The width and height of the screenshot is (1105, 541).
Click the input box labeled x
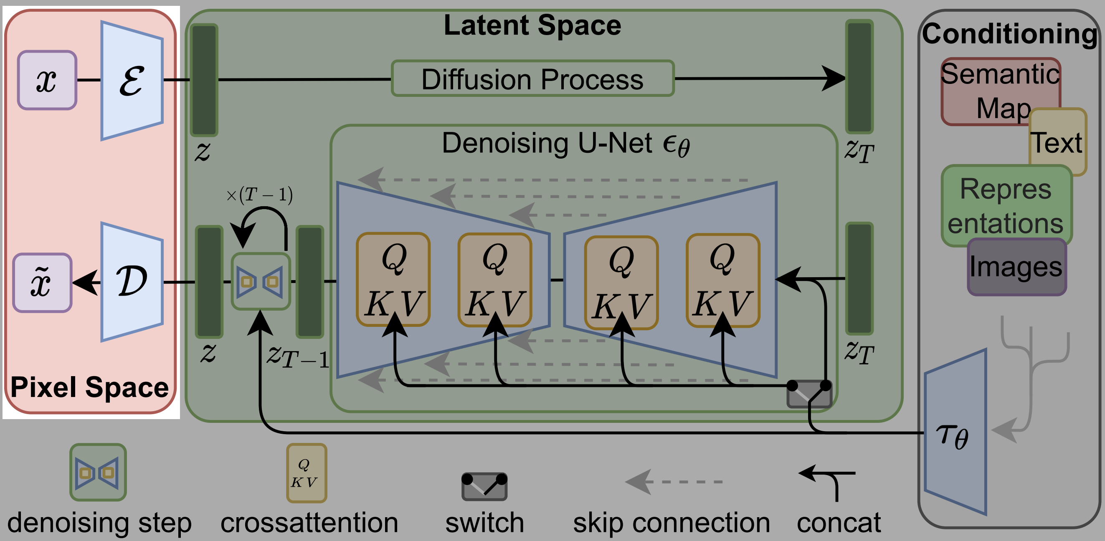click(x=47, y=80)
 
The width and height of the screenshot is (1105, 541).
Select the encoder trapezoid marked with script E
click(x=132, y=81)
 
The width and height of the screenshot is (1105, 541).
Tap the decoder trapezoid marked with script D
click(x=132, y=282)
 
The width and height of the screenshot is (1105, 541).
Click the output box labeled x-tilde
click(x=42, y=283)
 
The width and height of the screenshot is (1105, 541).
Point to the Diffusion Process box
click(x=532, y=78)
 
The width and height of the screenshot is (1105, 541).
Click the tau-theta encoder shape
click(x=955, y=433)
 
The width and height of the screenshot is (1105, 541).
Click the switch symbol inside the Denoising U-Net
click(x=809, y=393)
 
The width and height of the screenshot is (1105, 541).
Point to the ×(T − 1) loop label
click(x=259, y=195)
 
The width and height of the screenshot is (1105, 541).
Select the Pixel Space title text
click(x=89, y=387)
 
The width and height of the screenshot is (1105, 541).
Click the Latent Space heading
click(x=532, y=25)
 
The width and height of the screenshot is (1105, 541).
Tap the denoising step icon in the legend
click(x=98, y=473)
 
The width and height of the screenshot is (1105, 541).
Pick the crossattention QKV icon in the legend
click(x=306, y=473)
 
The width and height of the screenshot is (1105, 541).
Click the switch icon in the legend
click(x=484, y=486)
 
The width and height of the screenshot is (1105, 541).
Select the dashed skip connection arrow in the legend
click(x=674, y=481)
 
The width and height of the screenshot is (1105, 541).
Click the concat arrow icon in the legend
click(x=828, y=482)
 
